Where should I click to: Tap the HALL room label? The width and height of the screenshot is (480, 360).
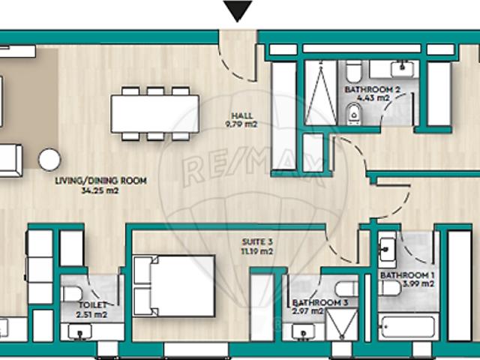point(241,115)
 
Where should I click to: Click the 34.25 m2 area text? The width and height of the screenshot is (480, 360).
point(100,190)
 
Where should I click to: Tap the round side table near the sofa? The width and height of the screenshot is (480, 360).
point(50,159)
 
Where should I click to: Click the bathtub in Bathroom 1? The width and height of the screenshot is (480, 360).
point(406,327)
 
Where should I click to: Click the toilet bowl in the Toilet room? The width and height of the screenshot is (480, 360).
point(73,293)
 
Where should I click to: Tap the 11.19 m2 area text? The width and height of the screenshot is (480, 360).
point(255,250)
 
